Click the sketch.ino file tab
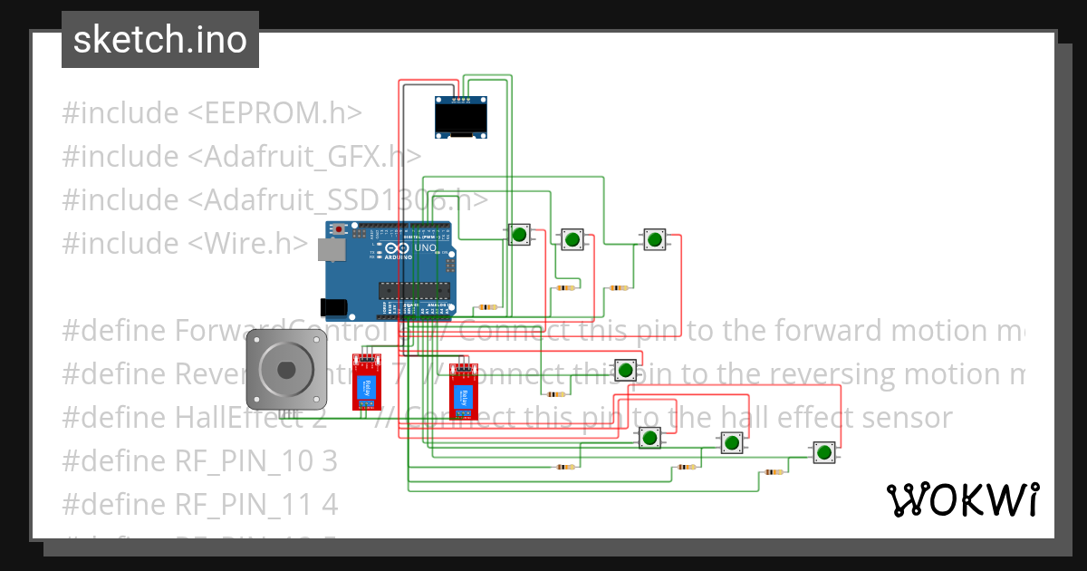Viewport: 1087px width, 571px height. (159, 40)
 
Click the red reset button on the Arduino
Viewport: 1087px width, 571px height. (340, 227)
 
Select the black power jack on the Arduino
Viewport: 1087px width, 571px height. (336, 307)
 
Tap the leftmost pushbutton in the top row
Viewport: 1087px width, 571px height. (519, 235)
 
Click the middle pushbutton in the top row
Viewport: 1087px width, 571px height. (572, 239)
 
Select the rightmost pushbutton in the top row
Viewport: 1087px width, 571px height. (654, 239)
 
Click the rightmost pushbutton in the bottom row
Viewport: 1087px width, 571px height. (822, 452)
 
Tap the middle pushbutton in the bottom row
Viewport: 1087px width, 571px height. (731, 443)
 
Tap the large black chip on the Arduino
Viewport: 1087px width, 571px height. (415, 290)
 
